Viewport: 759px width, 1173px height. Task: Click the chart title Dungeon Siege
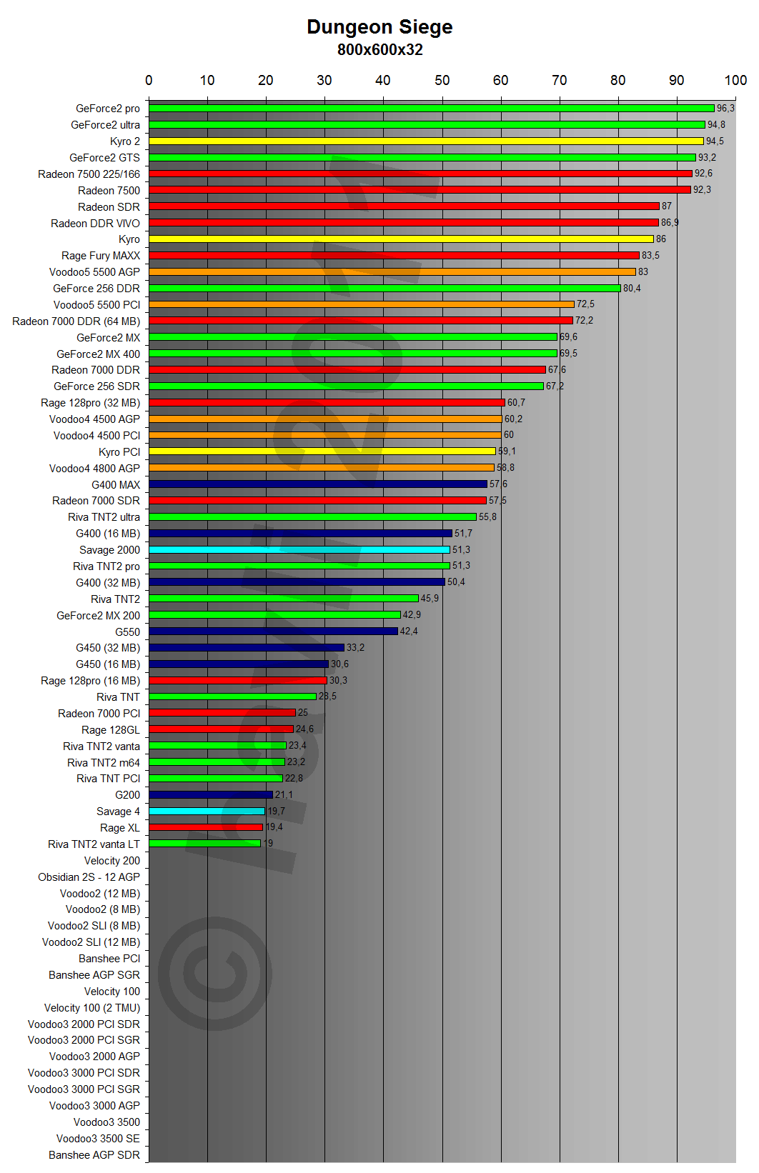pos(379,27)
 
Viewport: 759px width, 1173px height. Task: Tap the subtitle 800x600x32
pos(379,50)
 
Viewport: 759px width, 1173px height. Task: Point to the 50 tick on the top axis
pos(442,80)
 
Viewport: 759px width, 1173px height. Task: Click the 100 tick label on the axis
pos(735,80)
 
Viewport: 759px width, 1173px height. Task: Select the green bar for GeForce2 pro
pos(432,109)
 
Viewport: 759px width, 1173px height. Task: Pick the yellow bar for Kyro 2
pos(426,141)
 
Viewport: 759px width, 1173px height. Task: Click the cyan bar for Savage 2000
pos(299,549)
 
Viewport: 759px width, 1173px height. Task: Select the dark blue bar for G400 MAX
pos(318,484)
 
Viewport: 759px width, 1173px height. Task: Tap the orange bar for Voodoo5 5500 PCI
pos(362,304)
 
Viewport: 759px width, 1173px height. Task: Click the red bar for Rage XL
pos(206,827)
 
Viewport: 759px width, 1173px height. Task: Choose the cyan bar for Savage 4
pos(207,811)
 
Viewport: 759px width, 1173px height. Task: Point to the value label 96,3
pos(725,109)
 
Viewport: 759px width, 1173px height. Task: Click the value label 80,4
pos(632,289)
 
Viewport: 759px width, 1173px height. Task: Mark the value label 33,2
pos(355,648)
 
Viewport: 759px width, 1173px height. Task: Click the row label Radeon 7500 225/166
pos(89,174)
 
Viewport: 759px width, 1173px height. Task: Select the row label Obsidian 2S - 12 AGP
pos(89,877)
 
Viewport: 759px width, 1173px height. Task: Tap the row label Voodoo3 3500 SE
pos(99,1139)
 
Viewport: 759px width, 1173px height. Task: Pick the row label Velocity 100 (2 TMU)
pos(92,1008)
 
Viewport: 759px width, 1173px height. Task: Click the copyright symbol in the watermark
pos(214,969)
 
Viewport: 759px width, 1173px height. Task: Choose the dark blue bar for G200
pos(211,794)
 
